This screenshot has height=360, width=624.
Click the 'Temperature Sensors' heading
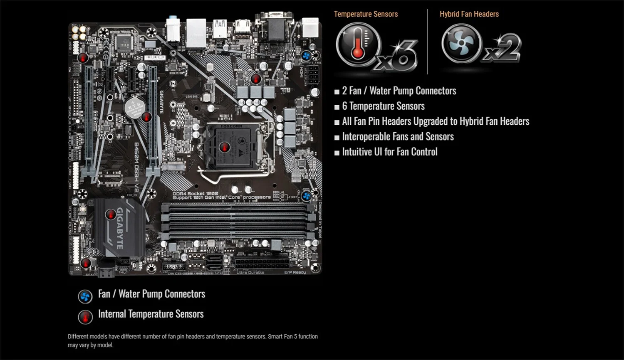[x=366, y=14]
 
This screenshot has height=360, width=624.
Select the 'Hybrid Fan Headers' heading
[x=469, y=14]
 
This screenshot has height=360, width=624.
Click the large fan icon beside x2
[x=461, y=43]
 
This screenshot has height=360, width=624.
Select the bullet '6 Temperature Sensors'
[x=383, y=106]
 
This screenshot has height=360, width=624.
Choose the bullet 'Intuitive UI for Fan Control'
[x=389, y=152]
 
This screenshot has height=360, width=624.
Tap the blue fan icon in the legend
[x=85, y=296]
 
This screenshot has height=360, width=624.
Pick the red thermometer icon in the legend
[x=85, y=317]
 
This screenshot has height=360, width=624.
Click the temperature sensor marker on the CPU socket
[x=225, y=147]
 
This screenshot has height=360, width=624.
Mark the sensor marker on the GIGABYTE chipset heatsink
[x=111, y=214]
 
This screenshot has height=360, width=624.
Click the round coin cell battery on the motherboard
[x=134, y=108]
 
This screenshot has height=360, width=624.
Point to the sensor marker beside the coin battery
[x=146, y=117]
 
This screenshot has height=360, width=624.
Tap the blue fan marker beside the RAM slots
[x=307, y=196]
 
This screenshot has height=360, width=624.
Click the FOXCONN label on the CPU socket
[x=231, y=126]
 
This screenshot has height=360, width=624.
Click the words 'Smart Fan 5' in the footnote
[x=282, y=336]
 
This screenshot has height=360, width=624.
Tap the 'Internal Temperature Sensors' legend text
[x=151, y=314]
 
